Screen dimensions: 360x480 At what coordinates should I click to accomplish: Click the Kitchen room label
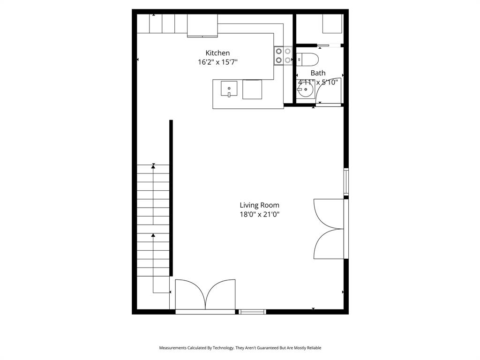click(217, 53)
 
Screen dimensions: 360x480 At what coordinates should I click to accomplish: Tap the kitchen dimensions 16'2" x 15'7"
click(217, 62)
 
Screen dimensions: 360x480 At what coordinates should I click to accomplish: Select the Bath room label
click(318, 73)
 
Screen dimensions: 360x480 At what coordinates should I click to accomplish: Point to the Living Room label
click(259, 205)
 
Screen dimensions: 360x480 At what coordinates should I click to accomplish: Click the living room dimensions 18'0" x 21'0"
click(259, 214)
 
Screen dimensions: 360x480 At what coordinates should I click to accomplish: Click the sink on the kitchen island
click(229, 89)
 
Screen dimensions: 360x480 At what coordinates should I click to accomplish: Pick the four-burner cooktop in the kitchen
click(283, 56)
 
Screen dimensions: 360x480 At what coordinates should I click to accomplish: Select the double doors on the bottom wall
click(205, 295)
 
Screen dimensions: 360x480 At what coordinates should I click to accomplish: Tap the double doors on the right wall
click(330, 229)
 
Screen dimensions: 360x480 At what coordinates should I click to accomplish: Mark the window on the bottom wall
click(253, 311)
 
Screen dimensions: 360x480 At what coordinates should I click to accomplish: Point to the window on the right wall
click(346, 181)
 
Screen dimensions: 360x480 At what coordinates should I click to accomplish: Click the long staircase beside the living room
click(153, 220)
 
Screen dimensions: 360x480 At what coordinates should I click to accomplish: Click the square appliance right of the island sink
click(252, 89)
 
